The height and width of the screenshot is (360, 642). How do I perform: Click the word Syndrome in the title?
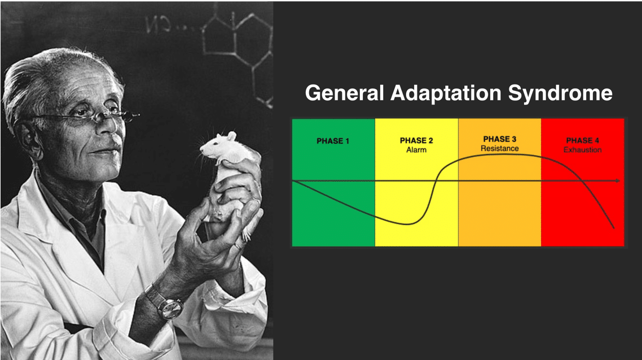tap(560, 94)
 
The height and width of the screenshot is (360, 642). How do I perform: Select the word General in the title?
tap(344, 93)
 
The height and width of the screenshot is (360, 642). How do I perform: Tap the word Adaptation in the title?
tap(446, 94)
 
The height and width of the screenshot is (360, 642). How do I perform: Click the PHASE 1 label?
tap(333, 141)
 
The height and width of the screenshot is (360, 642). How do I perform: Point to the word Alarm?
tap(416, 150)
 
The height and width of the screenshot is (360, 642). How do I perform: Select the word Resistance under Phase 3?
tap(499, 148)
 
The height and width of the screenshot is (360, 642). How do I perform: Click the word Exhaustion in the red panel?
tap(583, 150)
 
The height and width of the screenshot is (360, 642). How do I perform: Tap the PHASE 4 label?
tap(583, 141)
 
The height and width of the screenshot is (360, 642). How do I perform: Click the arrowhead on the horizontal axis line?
tap(618, 181)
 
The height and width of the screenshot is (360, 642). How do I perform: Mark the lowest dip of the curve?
tap(407, 224)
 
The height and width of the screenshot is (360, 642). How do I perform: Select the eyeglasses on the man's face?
tap(82, 118)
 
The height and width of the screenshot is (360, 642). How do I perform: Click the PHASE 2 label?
tap(416, 141)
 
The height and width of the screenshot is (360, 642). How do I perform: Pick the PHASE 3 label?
tap(499, 139)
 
